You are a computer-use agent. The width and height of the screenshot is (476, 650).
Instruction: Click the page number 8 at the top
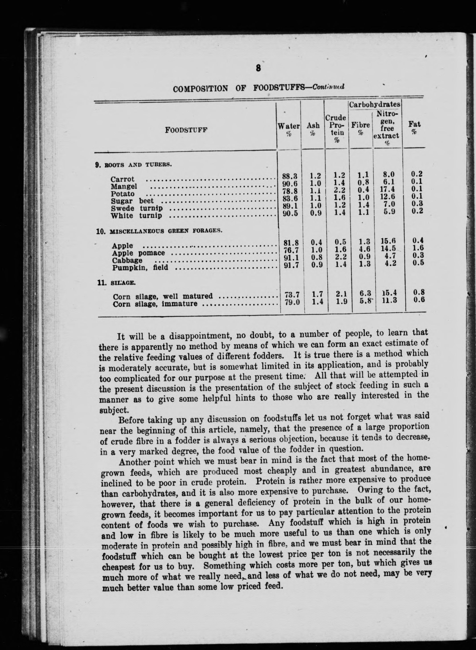point(258,68)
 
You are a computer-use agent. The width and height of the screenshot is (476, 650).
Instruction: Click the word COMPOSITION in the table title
point(200,88)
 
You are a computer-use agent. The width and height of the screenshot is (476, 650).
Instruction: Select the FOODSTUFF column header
point(186,130)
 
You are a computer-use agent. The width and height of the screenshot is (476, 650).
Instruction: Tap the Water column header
point(288,127)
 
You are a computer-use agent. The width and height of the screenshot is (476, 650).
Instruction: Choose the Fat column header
point(414,125)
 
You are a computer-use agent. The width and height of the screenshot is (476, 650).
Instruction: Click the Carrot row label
point(123,179)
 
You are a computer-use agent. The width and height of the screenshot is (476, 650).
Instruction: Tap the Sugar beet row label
point(132,201)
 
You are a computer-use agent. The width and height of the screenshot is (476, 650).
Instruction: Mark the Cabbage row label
point(127,260)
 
